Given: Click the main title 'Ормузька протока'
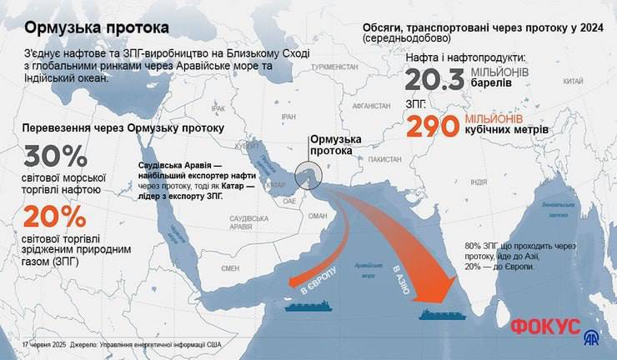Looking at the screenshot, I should click(96, 27).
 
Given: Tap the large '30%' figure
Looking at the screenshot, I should click(55, 157).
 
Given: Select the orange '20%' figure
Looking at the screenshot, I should click(55, 217).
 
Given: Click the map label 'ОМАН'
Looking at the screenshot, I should click(319, 214).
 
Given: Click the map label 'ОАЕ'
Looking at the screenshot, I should click(288, 201).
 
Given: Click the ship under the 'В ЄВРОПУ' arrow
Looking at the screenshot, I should click(308, 306).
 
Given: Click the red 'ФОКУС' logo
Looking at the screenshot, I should click(545, 326).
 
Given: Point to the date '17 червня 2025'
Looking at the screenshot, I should click(43, 343).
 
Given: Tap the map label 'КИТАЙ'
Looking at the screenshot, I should click(572, 82).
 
